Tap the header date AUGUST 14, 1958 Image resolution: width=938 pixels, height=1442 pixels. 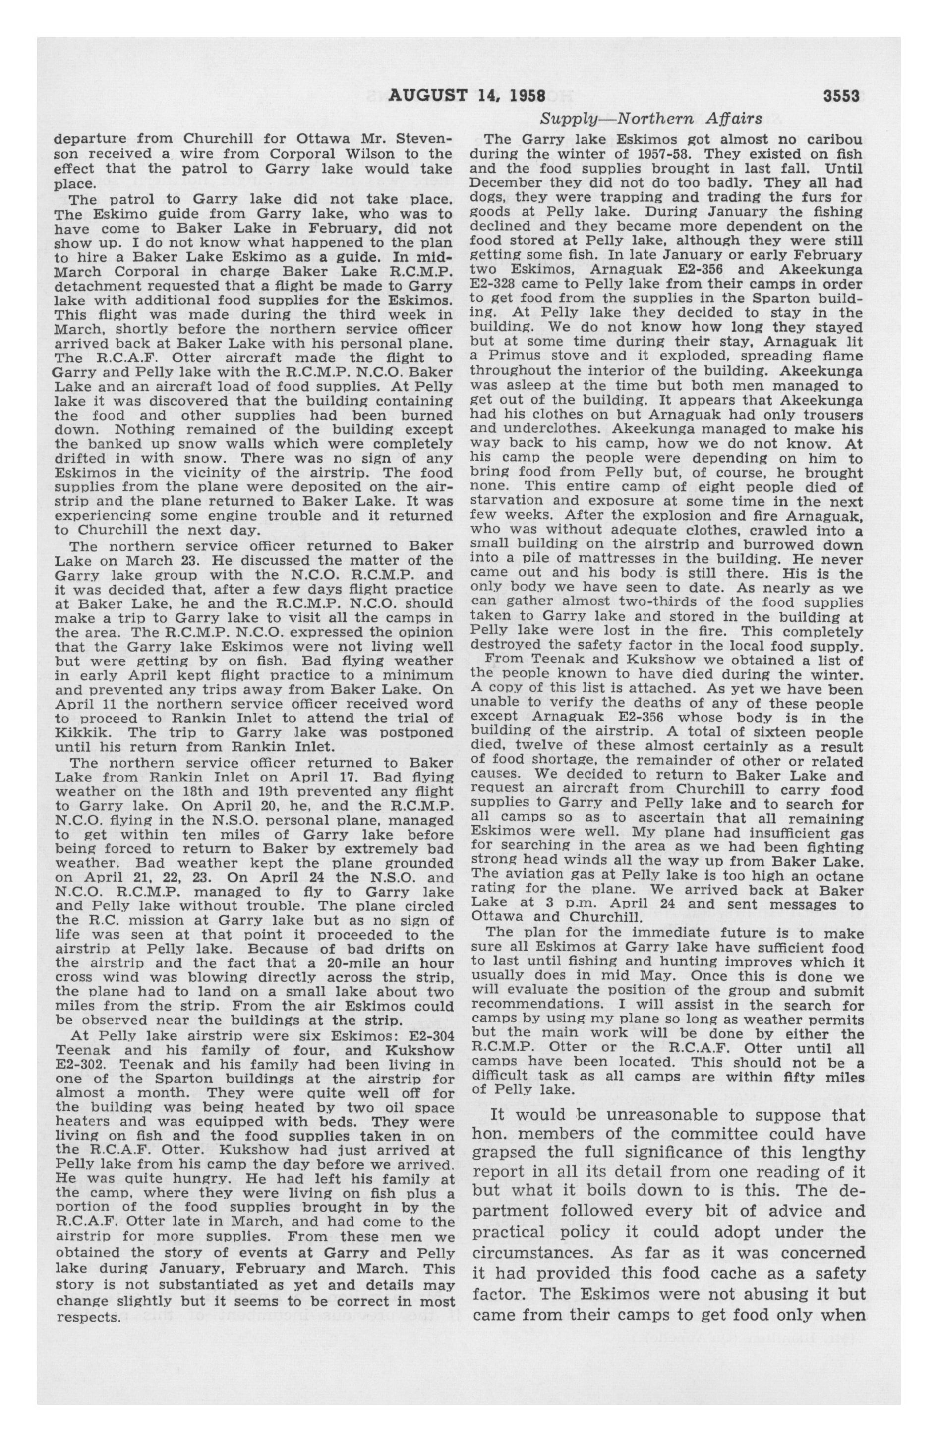click(467, 96)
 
